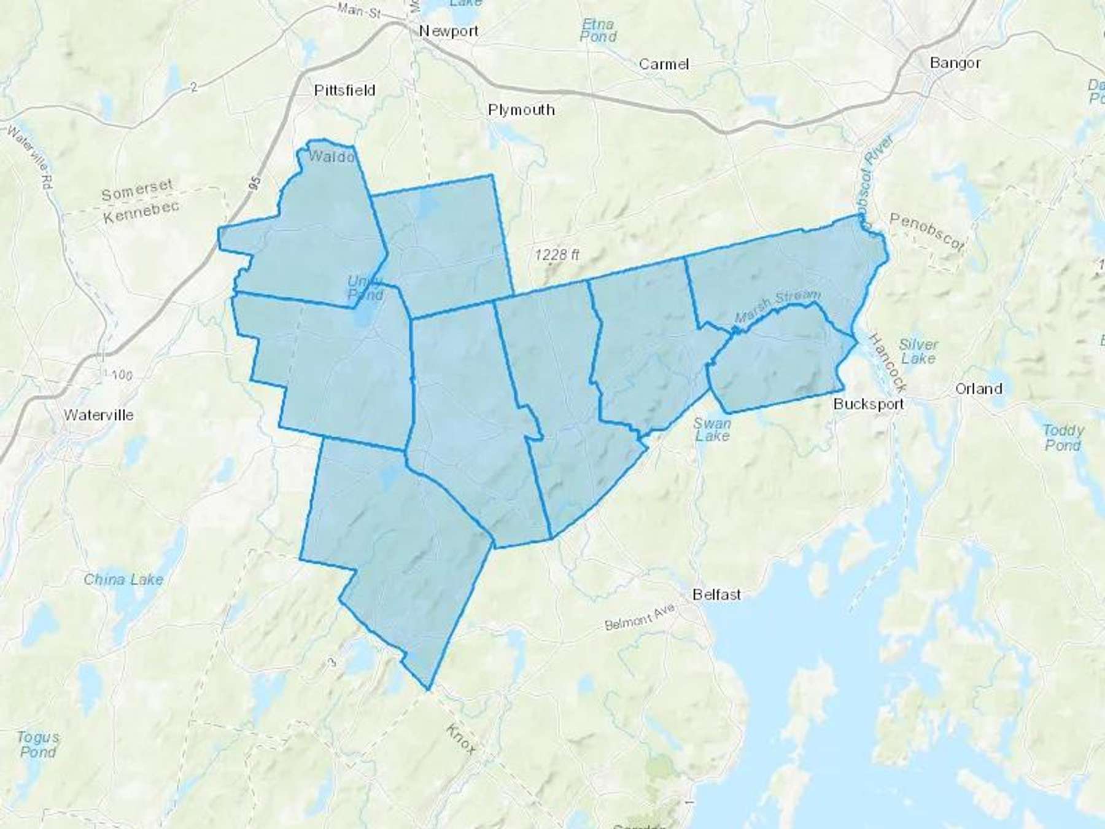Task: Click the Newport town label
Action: (449, 31)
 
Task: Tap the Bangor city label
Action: (955, 63)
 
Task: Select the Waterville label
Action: (98, 415)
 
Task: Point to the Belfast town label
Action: (716, 594)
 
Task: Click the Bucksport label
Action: (868, 404)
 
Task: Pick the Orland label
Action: (979, 389)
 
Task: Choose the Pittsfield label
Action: (344, 90)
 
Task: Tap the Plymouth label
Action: (521, 110)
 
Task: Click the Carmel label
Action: (664, 64)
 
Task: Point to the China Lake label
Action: (123, 579)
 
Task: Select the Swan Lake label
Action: (712, 430)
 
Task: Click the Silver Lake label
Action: (918, 351)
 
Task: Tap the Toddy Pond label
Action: (1063, 437)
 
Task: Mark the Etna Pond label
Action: (598, 30)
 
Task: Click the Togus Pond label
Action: (38, 744)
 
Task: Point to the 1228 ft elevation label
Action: (557, 254)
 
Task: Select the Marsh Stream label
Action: (777, 306)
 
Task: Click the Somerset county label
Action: (137, 190)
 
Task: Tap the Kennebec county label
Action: (141, 212)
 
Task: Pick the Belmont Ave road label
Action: (640, 617)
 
